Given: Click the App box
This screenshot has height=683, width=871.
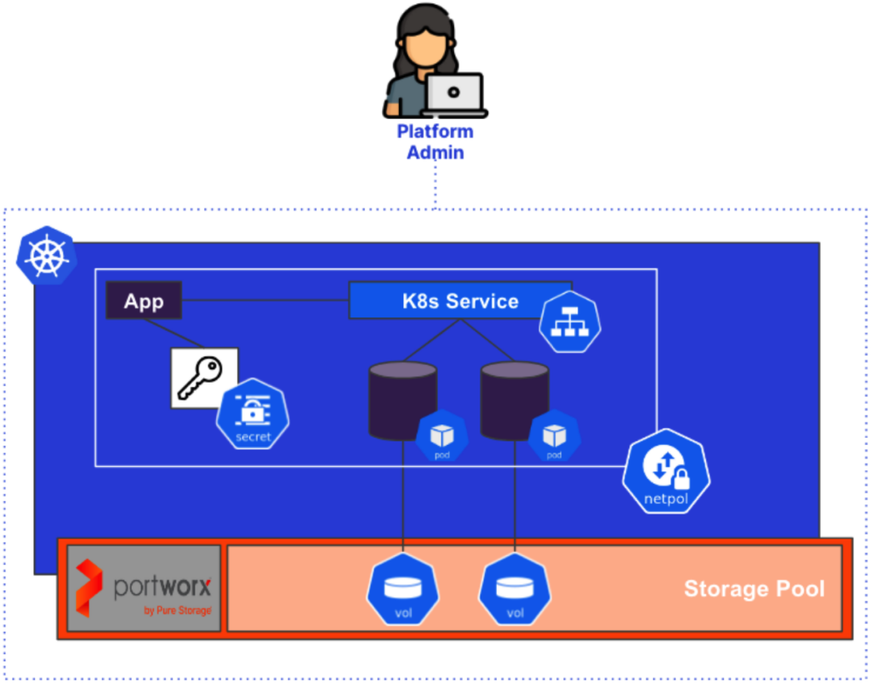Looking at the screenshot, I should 144,301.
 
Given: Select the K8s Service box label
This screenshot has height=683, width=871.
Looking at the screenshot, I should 459,301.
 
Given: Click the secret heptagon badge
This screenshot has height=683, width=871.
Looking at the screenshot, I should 253,414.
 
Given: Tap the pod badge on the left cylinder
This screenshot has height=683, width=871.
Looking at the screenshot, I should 442,437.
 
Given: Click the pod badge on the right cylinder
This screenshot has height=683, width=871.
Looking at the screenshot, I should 555,437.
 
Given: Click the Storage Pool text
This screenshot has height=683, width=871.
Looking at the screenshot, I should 754,589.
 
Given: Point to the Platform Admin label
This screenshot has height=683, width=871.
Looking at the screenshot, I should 435,142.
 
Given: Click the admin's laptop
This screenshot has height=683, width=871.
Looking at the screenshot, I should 454,94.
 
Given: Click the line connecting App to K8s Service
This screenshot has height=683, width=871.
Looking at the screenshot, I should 265,300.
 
